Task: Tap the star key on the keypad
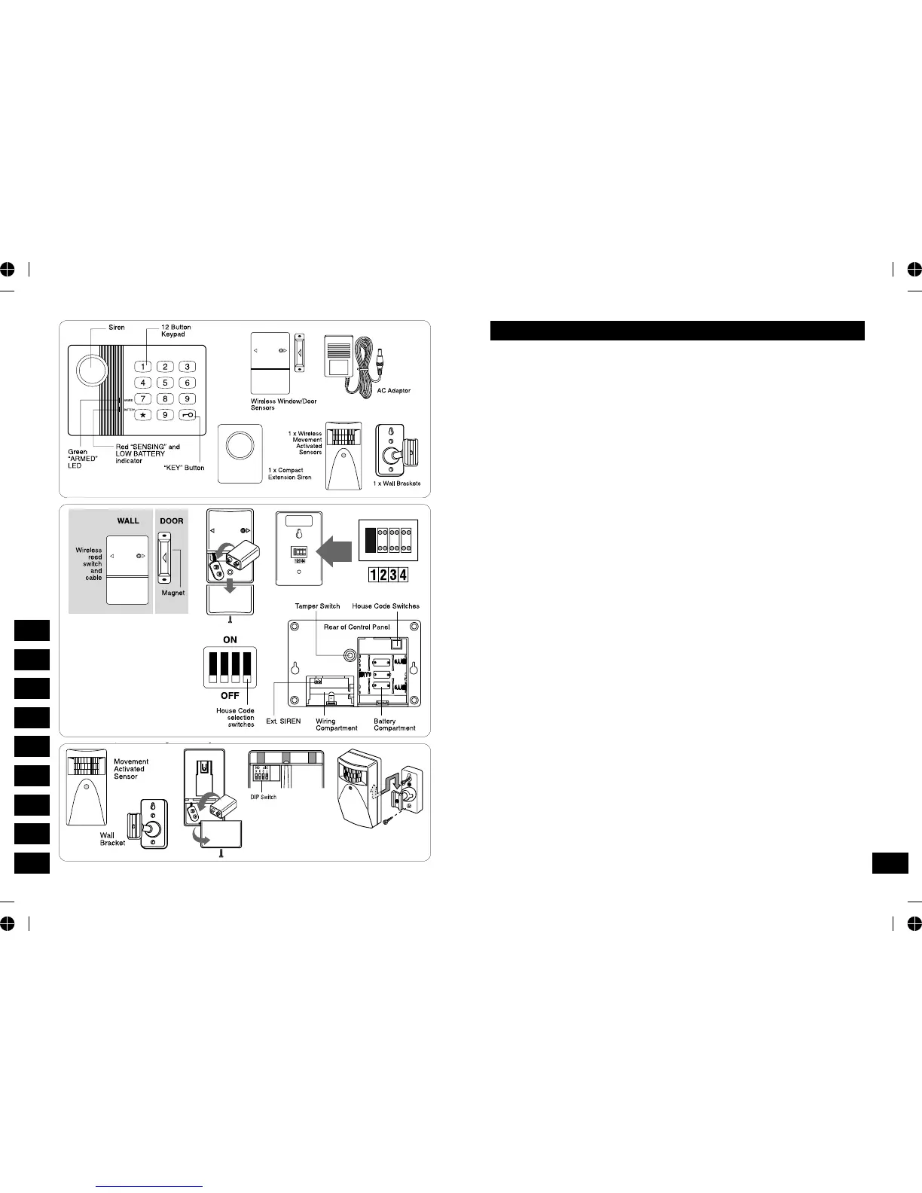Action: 143,415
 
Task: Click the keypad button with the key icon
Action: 188,415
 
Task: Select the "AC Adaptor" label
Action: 394,391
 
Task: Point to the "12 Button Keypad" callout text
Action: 176,331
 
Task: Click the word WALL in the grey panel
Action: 128,520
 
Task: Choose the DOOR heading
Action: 172,520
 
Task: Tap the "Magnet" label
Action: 173,593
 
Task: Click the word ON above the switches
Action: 230,639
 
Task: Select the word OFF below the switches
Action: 230,696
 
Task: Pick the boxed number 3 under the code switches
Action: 393,575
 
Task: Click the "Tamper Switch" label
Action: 317,606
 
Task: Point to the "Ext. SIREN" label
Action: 283,722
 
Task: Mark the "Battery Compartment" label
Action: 394,725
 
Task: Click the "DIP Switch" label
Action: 264,797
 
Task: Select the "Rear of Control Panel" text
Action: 357,627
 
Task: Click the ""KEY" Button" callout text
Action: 185,468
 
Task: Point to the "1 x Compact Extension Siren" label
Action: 289,474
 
